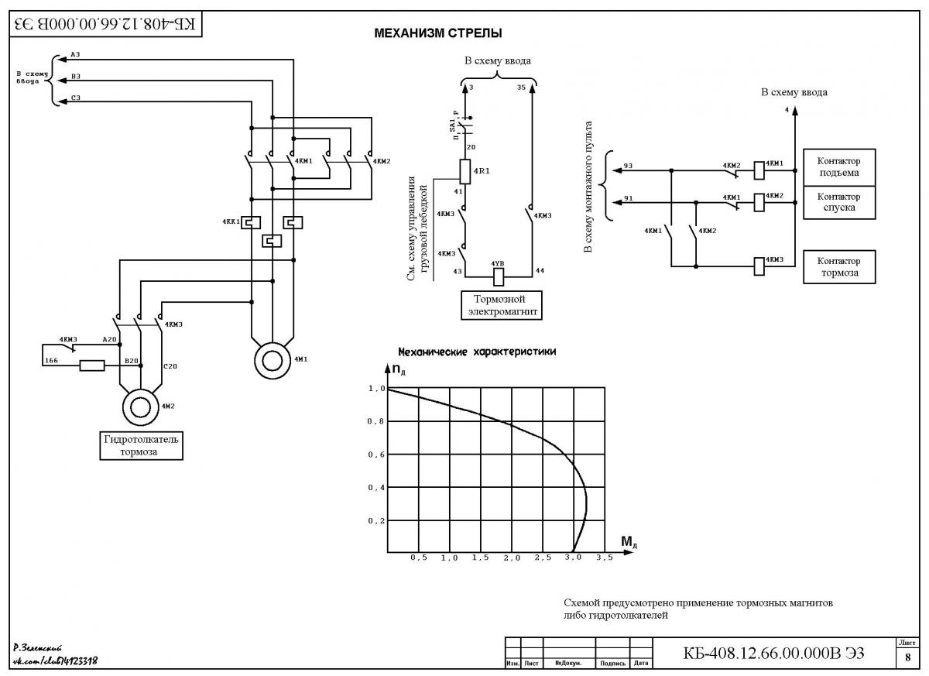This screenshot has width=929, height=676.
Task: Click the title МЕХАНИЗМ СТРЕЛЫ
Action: click(x=438, y=33)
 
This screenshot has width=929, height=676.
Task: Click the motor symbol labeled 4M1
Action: click(x=272, y=360)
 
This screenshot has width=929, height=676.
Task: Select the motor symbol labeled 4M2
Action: click(x=141, y=407)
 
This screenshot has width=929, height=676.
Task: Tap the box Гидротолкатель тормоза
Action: click(x=141, y=445)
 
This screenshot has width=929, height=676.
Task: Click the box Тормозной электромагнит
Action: click(x=502, y=305)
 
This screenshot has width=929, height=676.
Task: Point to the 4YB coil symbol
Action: click(x=499, y=277)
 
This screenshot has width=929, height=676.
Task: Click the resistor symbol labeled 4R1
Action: click(x=465, y=172)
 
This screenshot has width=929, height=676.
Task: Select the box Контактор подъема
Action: click(x=839, y=167)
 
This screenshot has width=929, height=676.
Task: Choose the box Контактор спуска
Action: click(x=839, y=202)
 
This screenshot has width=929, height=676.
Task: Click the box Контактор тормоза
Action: click(x=839, y=266)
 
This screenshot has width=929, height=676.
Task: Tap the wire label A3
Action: click(x=76, y=54)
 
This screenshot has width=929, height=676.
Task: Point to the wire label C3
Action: click(x=76, y=98)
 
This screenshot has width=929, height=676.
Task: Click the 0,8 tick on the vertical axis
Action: click(x=375, y=421)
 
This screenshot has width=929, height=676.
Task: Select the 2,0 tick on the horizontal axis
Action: click(x=512, y=558)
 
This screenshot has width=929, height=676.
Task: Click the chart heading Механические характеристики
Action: click(x=477, y=352)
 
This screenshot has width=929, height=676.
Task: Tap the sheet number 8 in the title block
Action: click(x=908, y=657)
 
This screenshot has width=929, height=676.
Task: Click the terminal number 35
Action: click(x=521, y=88)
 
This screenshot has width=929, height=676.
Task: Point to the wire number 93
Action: click(x=628, y=166)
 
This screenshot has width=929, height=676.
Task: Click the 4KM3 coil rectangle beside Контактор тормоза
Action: click(x=759, y=266)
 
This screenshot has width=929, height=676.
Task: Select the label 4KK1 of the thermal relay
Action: click(x=231, y=221)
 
